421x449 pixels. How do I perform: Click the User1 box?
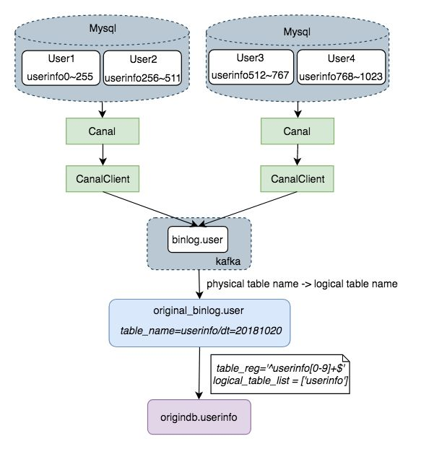coord(61,68)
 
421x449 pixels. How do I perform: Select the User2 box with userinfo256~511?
coord(142,68)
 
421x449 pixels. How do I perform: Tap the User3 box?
coord(251,67)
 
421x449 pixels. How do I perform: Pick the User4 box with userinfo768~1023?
coord(341,67)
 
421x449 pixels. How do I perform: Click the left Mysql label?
coord(103,29)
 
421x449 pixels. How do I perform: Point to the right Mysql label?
coord(297,32)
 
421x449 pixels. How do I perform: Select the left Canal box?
coord(103,131)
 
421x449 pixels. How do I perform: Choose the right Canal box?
coord(298,131)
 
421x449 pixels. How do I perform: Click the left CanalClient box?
coord(103,179)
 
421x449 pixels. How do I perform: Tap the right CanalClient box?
coord(298,179)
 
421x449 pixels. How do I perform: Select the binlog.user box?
coord(198,240)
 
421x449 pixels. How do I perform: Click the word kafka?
coord(228,261)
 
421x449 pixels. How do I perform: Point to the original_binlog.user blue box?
coord(199,323)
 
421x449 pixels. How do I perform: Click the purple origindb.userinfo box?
coord(199,417)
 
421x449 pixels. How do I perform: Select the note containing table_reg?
coord(280,374)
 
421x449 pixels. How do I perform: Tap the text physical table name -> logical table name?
coord(302,284)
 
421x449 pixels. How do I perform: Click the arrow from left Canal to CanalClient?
coord(103,154)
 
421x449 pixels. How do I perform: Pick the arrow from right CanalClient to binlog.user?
coord(248,209)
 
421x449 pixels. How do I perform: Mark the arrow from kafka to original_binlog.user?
coord(199,284)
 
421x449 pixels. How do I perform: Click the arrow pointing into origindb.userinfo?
coord(199,373)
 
